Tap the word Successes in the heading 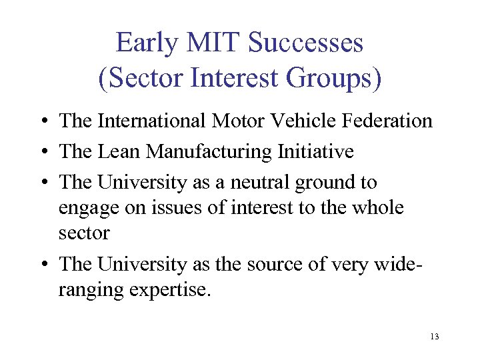pos(305,43)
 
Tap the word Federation pos(392,121)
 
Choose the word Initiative pos(314,152)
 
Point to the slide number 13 pos(435,337)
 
